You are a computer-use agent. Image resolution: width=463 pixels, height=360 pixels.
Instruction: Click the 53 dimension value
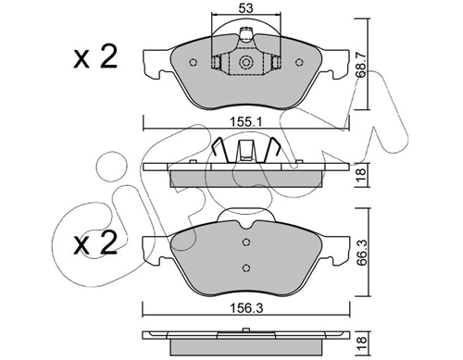245,8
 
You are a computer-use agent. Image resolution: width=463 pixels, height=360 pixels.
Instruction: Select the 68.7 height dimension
361,64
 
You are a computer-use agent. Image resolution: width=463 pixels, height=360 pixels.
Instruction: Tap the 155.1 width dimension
245,122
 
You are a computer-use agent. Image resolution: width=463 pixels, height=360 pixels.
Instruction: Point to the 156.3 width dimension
246,308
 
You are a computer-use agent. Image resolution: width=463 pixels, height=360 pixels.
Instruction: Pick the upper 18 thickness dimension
361,175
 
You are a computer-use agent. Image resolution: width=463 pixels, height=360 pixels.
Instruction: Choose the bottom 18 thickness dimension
361,340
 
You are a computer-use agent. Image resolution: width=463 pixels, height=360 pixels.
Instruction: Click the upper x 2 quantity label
95,56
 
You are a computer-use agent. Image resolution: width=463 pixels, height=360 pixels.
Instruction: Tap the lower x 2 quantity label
95,243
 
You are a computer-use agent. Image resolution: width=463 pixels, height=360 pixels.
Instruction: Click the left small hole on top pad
193,62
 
